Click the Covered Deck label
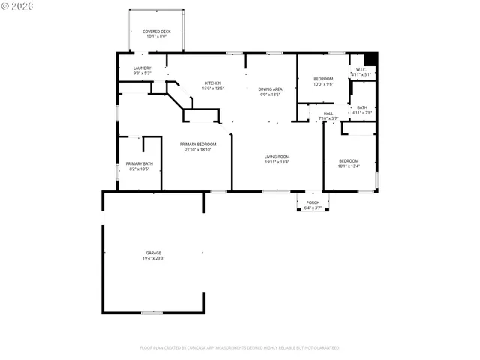157,31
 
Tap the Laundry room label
142,68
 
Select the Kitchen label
214,82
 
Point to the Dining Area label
270,88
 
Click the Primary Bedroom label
198,144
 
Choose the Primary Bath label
139,163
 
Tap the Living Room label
277,156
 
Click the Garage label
154,253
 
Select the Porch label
313,202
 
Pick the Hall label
328,113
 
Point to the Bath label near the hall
362,107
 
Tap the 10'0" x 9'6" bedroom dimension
323,84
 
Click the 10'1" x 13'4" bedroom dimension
349,166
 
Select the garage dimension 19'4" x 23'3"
154,259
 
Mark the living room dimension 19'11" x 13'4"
277,162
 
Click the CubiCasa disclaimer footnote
240,348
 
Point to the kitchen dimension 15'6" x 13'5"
214,88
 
